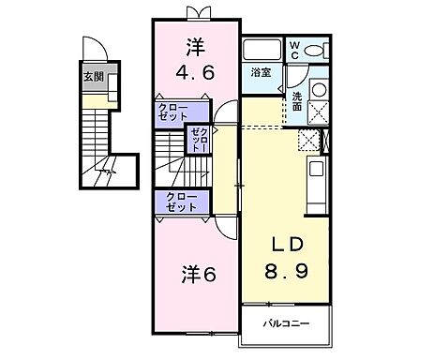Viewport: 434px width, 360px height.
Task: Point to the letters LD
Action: (x=286, y=244)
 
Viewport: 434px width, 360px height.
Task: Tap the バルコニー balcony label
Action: (x=285, y=324)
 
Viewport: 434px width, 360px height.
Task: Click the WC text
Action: (x=293, y=49)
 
